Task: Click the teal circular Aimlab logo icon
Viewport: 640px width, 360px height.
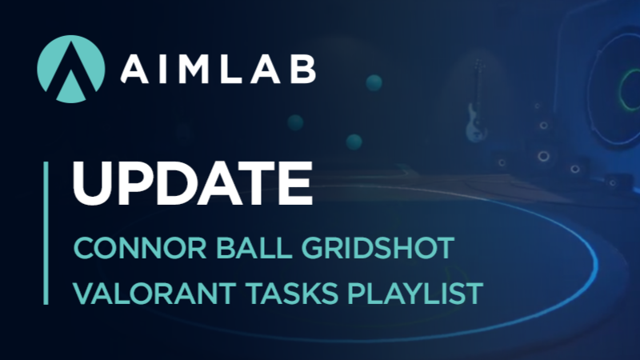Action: [x=71, y=69]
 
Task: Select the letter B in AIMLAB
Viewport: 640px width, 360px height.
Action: [x=302, y=70]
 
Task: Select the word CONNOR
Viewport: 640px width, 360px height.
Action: [x=140, y=248]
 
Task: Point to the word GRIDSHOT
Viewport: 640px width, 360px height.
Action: [x=378, y=248]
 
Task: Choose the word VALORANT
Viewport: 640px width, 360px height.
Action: [x=154, y=293]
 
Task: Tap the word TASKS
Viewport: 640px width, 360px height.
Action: [x=292, y=293]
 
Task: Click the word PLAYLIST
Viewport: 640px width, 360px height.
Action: [x=415, y=293]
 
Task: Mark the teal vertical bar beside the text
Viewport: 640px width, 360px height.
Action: [x=46, y=233]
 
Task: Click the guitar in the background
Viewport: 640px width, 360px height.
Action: [x=475, y=102]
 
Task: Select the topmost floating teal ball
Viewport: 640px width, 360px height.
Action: [x=374, y=83]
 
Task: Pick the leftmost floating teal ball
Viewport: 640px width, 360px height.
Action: [x=295, y=122]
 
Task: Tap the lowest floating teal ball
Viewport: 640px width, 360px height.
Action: [x=354, y=142]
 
